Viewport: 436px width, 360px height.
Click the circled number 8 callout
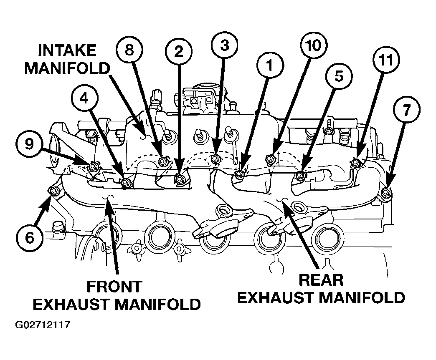(x=129, y=50)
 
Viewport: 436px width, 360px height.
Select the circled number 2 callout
(x=178, y=51)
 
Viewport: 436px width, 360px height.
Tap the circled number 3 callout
(x=224, y=45)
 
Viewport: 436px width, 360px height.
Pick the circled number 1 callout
(x=270, y=66)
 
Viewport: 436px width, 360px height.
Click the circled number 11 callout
(x=386, y=60)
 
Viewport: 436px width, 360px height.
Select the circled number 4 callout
(x=84, y=99)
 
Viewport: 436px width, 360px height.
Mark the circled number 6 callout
(x=30, y=238)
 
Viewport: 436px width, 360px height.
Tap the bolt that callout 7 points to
(x=385, y=191)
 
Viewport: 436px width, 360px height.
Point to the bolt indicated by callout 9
(x=92, y=166)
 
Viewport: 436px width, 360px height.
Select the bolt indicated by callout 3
(x=215, y=159)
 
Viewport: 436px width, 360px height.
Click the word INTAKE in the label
(x=67, y=50)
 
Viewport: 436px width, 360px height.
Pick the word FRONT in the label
(x=114, y=287)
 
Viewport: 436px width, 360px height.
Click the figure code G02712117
(x=43, y=325)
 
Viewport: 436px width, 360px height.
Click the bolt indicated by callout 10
(x=269, y=159)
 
